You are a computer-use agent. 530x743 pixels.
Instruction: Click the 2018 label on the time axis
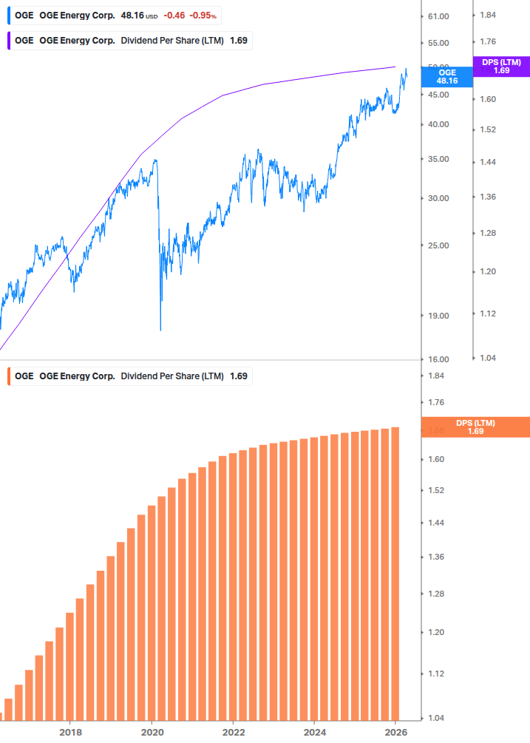70,732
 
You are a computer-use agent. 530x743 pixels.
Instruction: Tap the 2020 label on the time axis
152,732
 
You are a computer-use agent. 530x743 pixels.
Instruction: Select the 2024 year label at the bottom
314,732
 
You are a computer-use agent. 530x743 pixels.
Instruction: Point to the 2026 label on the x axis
396,732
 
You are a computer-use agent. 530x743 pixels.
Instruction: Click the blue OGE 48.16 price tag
447,77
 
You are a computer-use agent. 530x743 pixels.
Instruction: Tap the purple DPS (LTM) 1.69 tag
501,67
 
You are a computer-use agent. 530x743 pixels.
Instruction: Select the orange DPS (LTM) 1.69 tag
475,427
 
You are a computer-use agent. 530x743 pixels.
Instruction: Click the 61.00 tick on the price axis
438,16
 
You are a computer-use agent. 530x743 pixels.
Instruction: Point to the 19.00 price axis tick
438,316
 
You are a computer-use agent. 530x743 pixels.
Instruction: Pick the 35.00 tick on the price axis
438,159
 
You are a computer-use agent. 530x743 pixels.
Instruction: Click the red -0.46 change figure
174,15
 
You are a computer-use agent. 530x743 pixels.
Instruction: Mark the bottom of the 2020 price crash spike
160,329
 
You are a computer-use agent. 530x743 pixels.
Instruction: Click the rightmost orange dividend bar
395,573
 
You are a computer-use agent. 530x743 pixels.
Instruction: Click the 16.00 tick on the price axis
438,359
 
